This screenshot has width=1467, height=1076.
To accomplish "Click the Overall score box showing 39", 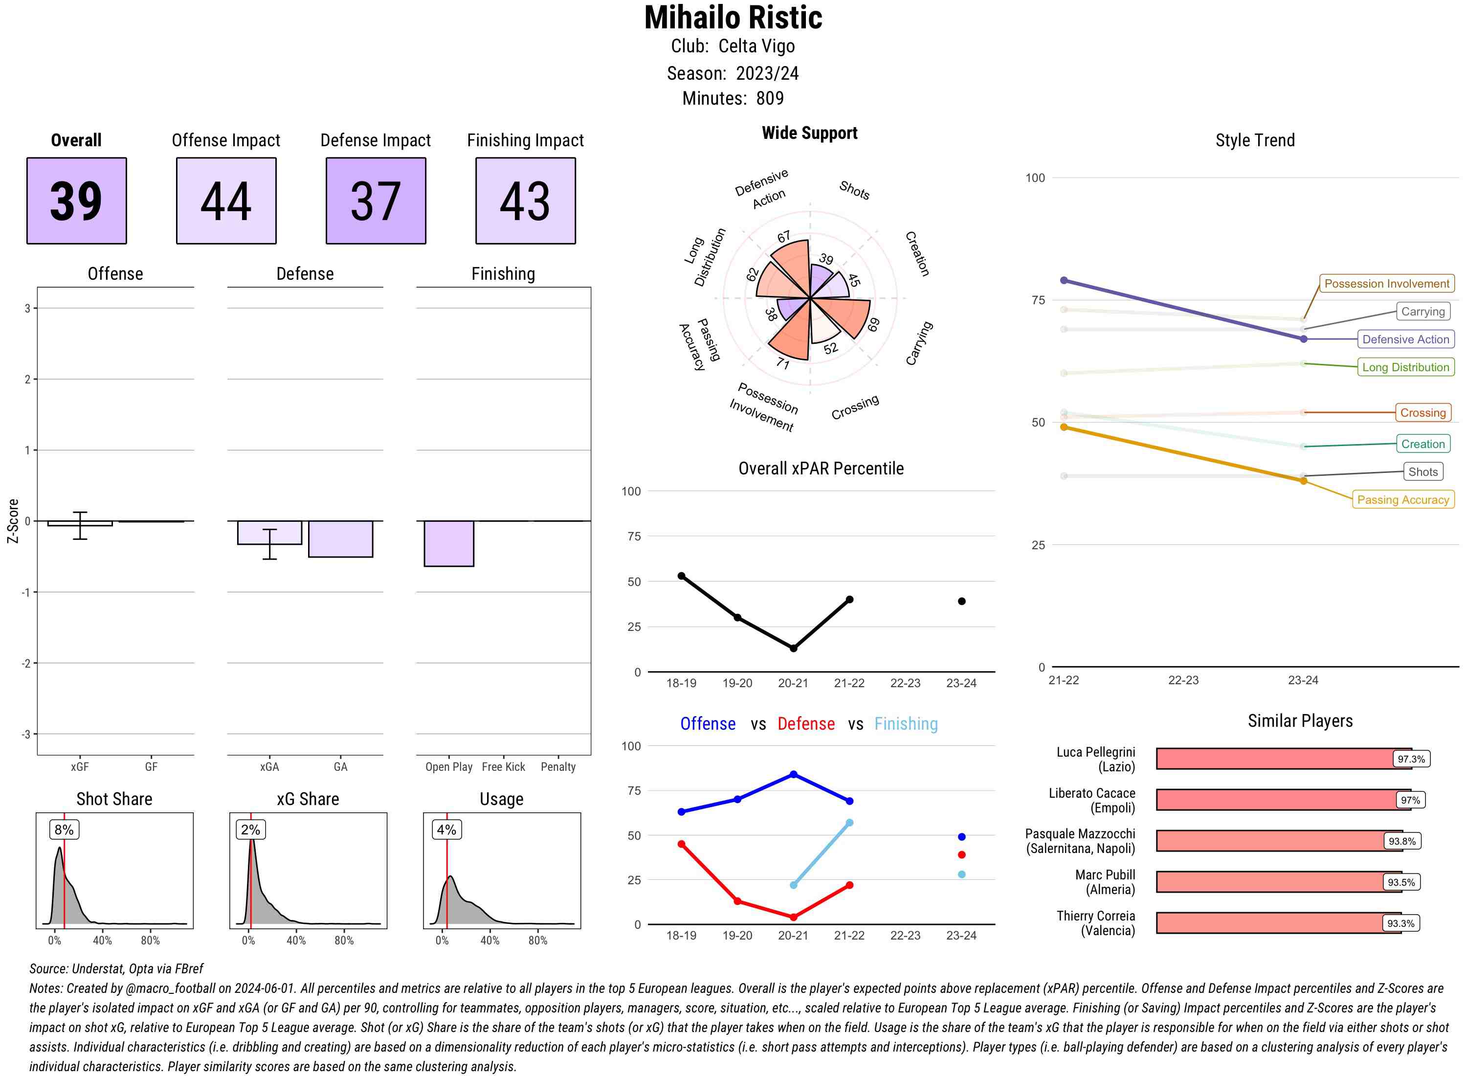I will [76, 201].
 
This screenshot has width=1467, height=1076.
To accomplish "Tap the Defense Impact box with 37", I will [376, 201].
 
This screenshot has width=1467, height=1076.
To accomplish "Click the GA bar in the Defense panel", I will [340, 538].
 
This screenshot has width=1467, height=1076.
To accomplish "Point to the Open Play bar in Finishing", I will [448, 543].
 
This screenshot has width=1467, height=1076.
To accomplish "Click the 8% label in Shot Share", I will [64, 829].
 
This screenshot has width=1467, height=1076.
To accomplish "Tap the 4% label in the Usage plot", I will [446, 829].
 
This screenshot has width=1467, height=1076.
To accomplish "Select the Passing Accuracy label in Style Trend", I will [1402, 499].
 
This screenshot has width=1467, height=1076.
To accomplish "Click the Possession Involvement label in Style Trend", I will [1386, 283].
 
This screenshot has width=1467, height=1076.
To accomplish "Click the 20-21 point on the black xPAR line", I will [793, 648].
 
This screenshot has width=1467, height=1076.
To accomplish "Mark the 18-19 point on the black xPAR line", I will [681, 576].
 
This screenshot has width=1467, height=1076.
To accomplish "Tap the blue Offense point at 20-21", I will [793, 774].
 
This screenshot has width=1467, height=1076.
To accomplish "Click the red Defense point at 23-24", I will [961, 854].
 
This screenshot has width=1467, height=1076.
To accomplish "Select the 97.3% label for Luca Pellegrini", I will [1410, 759].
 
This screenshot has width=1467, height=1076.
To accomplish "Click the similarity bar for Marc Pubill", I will [1270, 882].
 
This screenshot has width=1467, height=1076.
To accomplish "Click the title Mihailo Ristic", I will [733, 18].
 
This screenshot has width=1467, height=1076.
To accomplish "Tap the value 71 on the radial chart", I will [783, 363].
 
